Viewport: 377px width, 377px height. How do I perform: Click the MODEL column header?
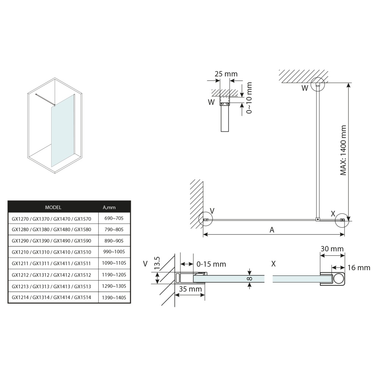point(53,207)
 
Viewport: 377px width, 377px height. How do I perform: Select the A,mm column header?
point(109,207)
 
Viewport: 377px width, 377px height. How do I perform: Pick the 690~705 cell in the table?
point(114,219)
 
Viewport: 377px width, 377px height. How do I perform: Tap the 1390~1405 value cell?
point(114,297)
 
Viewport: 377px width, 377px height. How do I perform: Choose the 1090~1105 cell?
point(114,264)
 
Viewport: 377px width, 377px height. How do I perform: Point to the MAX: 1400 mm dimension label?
point(343,150)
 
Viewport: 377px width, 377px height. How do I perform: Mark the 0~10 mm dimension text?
point(249,98)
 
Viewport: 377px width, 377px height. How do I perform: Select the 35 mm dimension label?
point(190,289)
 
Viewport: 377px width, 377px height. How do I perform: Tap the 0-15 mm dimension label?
point(211,264)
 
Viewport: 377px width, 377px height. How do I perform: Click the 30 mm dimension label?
point(332,249)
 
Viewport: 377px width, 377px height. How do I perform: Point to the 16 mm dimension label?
point(359,268)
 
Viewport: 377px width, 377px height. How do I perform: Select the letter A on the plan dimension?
point(272,230)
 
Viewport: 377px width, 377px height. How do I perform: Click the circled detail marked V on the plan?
point(205,220)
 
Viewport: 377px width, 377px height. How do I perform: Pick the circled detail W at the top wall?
point(317,84)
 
